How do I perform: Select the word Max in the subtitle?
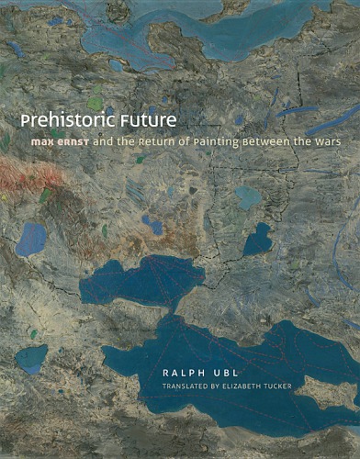[x=39, y=143]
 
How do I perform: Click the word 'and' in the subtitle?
[x=107, y=143]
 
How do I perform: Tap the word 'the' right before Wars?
[x=303, y=143]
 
